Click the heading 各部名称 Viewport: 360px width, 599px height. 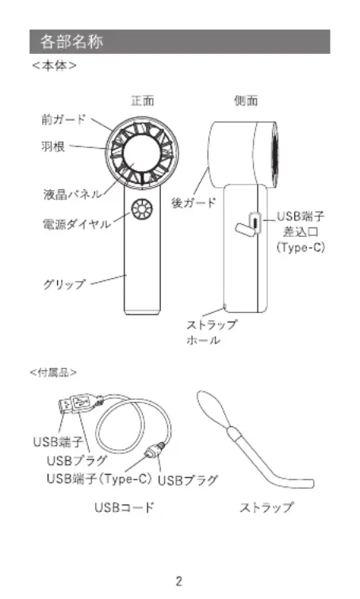point(71,41)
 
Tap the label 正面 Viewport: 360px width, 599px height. point(143,101)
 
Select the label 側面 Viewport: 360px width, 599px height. point(246,101)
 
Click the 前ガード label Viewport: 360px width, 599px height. point(63,120)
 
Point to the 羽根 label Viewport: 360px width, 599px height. point(53,147)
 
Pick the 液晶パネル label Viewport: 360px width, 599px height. point(72,194)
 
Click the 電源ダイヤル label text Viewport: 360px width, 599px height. point(76,224)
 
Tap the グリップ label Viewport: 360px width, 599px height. point(63,284)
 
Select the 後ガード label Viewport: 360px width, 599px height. point(193,203)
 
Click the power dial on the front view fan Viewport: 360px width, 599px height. point(142,209)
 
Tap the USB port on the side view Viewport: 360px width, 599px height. point(255,223)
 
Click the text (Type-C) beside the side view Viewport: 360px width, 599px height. point(301,247)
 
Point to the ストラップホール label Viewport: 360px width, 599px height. point(212,332)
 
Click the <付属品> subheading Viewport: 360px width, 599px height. point(53,372)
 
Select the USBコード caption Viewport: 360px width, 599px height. point(124,507)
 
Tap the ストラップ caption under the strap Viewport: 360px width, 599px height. point(266,507)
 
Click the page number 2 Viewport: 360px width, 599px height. point(179,581)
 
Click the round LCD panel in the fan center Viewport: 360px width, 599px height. point(142,154)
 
